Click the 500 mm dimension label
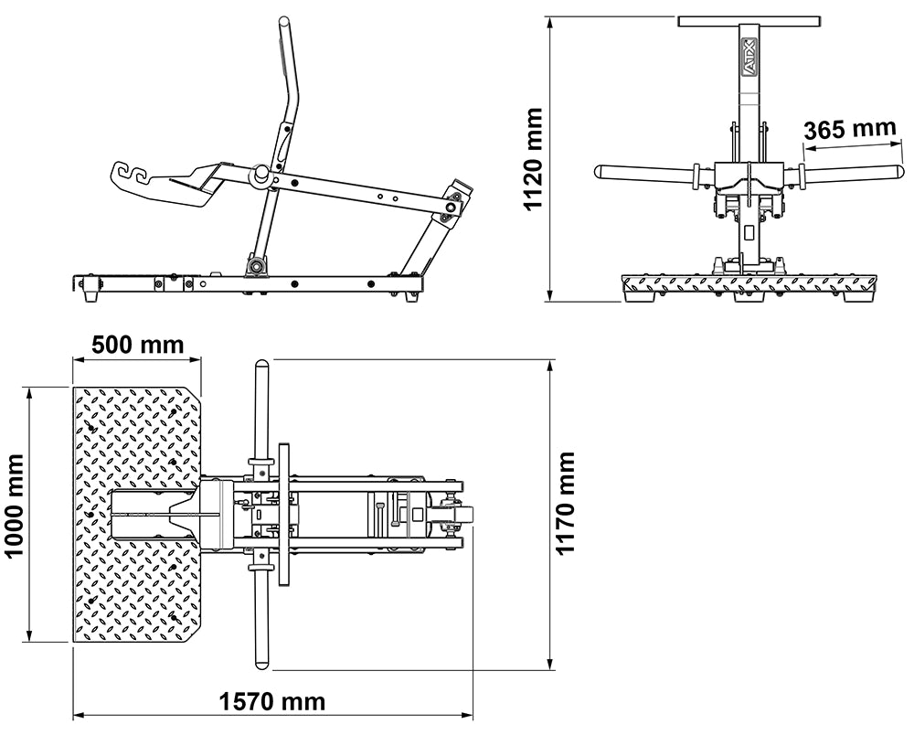[x=137, y=346]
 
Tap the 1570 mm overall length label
[x=272, y=702]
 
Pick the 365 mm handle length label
[x=850, y=129]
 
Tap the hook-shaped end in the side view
[x=132, y=174]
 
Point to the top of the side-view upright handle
[x=285, y=22]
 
